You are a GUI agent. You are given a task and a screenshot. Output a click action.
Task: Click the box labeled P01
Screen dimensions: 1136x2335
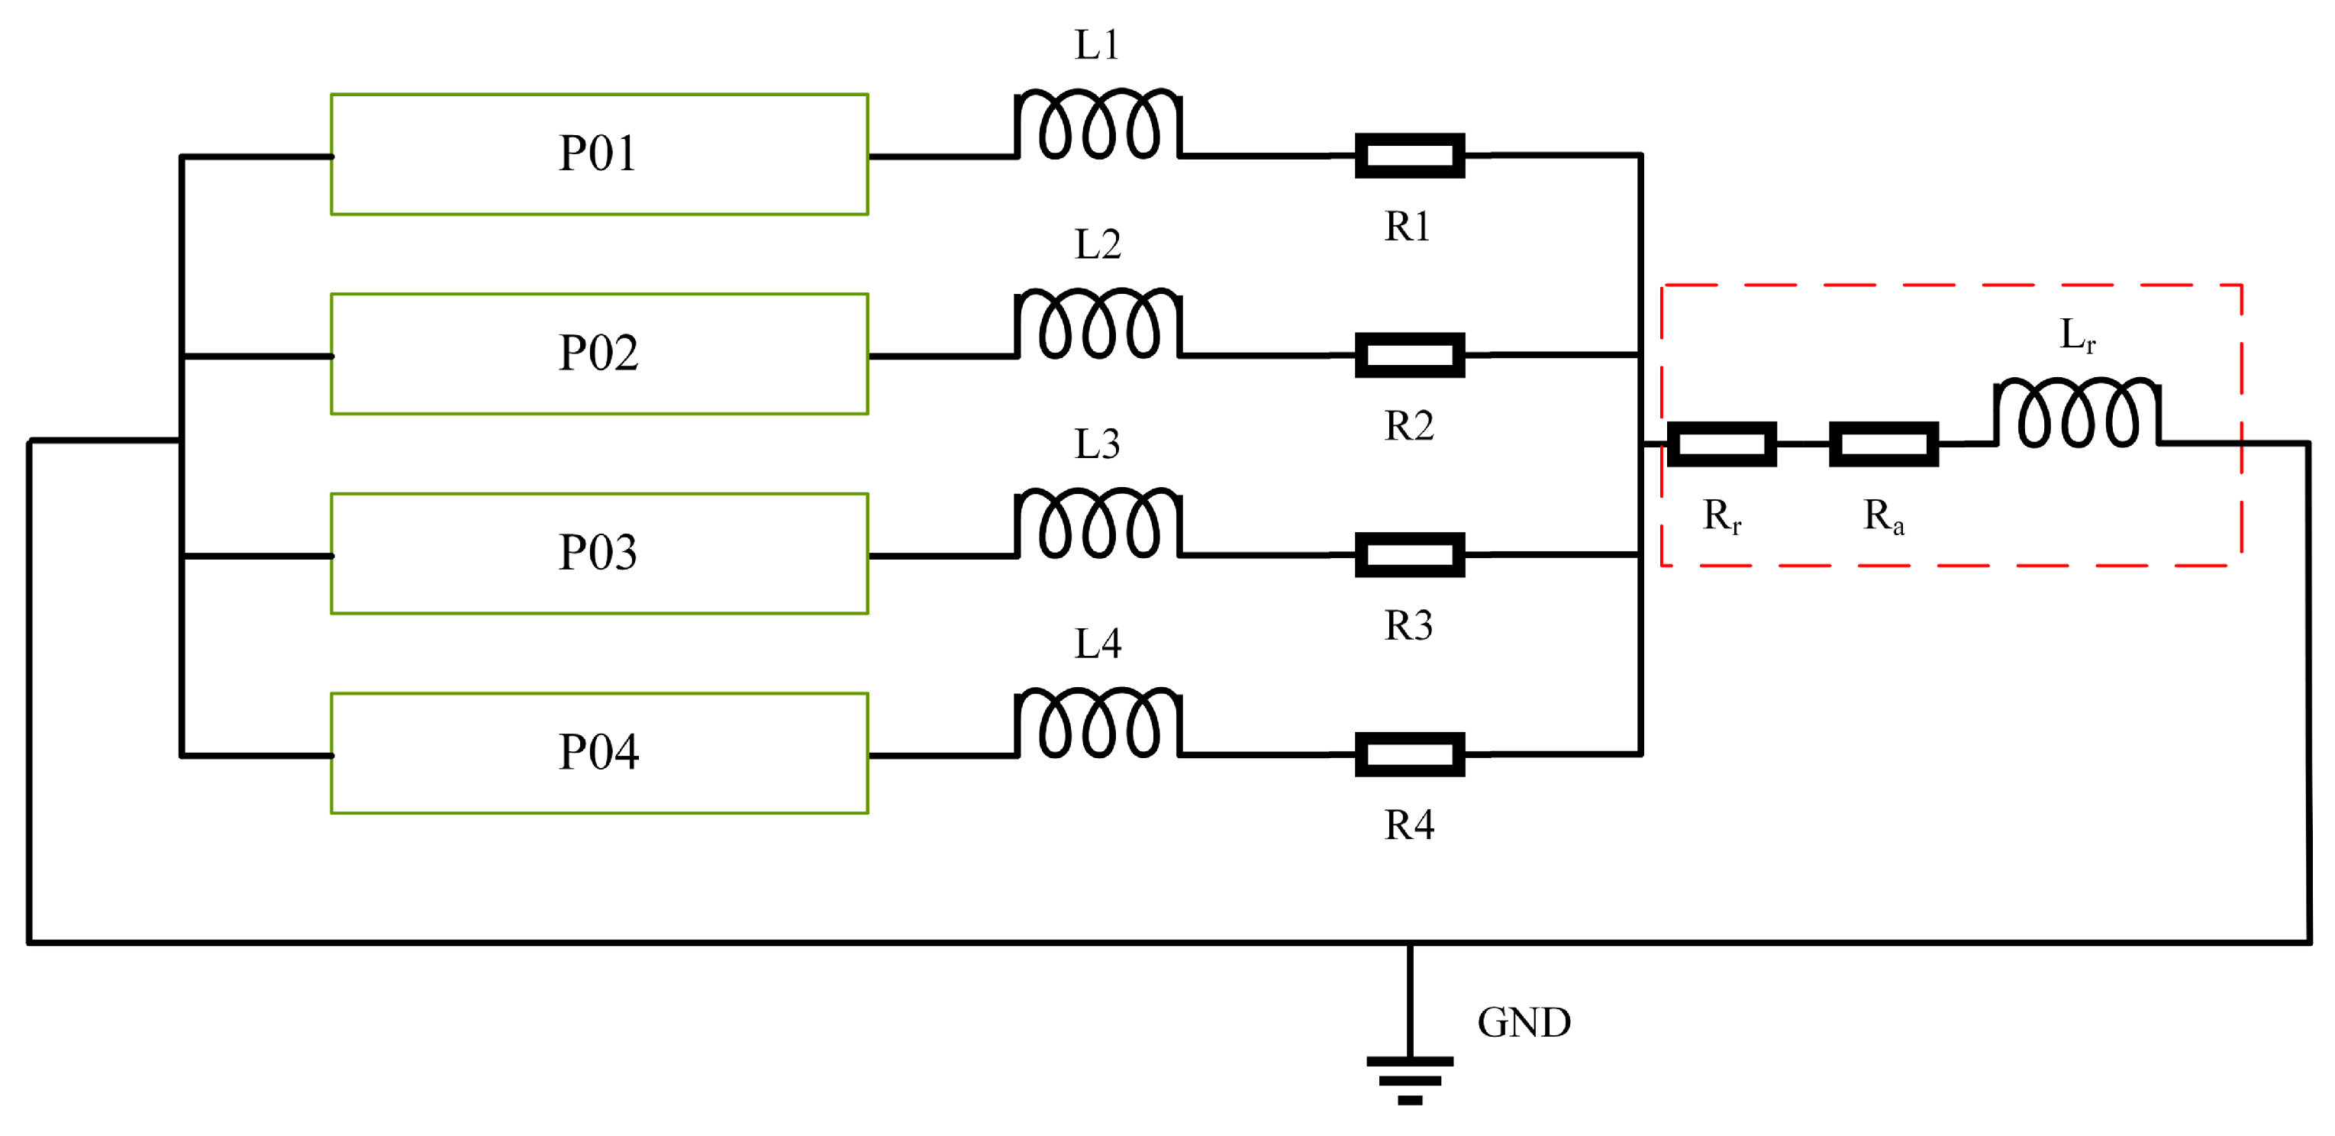tap(599, 154)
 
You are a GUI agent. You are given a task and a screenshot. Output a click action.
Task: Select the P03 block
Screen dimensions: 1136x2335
tap(599, 553)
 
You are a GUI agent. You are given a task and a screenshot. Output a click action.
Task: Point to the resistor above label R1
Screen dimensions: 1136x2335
tap(1410, 156)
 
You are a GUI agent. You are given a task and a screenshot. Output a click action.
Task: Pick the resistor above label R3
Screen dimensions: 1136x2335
tap(1410, 555)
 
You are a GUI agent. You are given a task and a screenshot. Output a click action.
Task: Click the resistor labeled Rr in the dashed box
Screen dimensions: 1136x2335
tap(1721, 444)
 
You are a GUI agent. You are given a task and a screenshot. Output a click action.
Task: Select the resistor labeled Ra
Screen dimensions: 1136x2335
tap(1884, 444)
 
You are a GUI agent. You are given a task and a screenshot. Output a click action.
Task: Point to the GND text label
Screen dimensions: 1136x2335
tap(1524, 1023)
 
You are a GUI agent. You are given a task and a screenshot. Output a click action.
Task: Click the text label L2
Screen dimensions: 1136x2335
tap(1098, 245)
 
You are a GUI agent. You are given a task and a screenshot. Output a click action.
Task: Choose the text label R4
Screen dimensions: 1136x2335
tap(1408, 825)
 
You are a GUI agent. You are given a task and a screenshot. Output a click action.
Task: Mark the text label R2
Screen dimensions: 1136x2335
tap(1408, 426)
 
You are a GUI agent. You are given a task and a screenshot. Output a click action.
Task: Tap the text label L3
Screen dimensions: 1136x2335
tap(1097, 444)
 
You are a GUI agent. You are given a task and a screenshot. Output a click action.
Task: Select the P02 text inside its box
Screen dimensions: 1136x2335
tap(598, 353)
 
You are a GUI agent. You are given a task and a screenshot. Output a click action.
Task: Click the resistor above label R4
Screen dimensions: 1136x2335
tap(1410, 754)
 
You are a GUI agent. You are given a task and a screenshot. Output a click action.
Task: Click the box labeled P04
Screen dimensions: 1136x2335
tap(599, 753)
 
